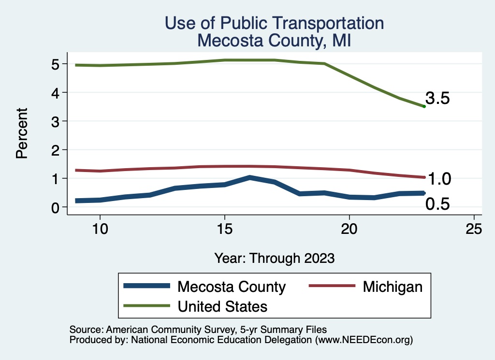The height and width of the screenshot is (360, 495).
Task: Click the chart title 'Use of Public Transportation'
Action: tap(274, 23)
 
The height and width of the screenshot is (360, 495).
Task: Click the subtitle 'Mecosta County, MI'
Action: tap(274, 41)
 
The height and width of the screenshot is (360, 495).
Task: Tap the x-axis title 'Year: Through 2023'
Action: tap(274, 258)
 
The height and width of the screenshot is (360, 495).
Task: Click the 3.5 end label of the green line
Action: tap(438, 99)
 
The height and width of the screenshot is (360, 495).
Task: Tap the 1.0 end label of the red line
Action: tap(439, 179)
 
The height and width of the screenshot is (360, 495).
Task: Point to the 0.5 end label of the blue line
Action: tap(437, 204)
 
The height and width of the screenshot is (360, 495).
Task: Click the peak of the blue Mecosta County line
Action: tap(249, 177)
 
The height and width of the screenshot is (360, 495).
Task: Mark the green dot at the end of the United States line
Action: tap(424, 106)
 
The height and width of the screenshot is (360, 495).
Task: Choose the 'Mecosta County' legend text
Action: tap(232, 287)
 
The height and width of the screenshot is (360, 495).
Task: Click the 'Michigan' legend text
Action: tap(393, 287)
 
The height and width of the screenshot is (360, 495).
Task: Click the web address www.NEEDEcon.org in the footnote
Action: tap(363, 340)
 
